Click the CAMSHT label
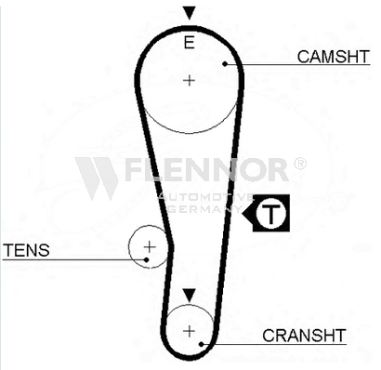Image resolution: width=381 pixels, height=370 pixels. pos(334,57)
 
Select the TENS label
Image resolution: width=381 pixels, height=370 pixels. pos(26,250)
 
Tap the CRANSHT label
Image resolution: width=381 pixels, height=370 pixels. pos(304,335)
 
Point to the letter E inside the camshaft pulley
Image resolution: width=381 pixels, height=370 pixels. pos(189,43)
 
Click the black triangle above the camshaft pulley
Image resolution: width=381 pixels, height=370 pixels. pos(189,13)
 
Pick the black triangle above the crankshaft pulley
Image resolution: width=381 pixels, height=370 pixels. pos(189,296)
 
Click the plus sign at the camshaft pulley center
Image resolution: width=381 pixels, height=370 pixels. pos(189,81)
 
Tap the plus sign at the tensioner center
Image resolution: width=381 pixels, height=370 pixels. pos(150,247)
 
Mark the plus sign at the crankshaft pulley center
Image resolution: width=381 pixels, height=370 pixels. pos(189,331)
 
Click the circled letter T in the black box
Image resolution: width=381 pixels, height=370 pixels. pos(270,213)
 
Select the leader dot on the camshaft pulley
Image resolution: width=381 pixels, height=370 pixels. pos(225,64)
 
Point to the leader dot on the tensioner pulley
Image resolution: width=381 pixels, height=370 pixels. pos(147,259)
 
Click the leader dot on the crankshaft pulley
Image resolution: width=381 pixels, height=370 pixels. pos(202,344)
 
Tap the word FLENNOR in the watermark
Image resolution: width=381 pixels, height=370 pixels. pos(207,169)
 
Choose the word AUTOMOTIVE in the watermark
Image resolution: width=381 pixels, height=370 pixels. pos(206,197)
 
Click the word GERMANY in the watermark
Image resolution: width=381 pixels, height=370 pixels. pos(204,209)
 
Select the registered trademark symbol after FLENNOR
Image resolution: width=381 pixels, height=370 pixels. pos(299,164)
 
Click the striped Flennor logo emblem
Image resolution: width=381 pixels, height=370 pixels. pos(98,178)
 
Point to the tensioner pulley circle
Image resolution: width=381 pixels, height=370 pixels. pos(129,247)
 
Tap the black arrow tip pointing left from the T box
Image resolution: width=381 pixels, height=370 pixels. pos(243,213)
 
